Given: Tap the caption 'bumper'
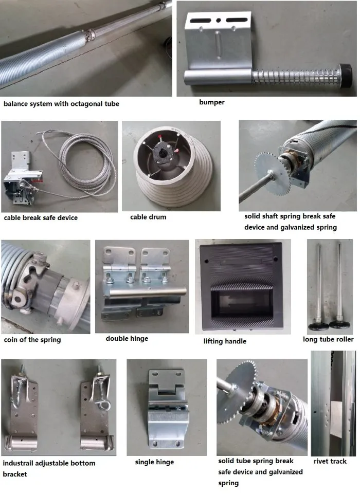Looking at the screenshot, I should (211, 102).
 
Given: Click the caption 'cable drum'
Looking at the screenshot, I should (148, 217).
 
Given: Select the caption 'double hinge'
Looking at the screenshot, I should (127, 338).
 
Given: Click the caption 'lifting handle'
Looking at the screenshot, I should (225, 341).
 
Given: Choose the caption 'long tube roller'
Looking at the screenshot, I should (328, 339).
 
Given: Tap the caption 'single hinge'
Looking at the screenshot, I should (154, 462).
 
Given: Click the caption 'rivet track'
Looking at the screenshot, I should (329, 461).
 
